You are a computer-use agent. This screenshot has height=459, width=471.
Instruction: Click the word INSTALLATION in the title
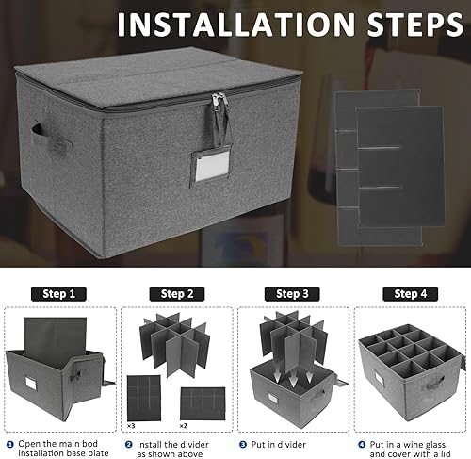pyautogui.click(x=236, y=25)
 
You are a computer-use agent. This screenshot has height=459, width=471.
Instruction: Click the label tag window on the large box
pyautogui.click(x=212, y=166)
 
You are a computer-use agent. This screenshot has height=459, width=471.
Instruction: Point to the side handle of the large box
pyautogui.click(x=52, y=140)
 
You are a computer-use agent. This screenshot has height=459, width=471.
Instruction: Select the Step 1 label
pyautogui.click(x=58, y=294)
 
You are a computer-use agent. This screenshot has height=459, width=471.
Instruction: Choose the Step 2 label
pyautogui.click(x=177, y=294)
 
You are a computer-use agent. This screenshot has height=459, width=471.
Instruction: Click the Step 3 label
pyautogui.click(x=292, y=294)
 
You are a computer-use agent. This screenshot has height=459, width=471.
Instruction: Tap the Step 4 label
pyautogui.click(x=410, y=294)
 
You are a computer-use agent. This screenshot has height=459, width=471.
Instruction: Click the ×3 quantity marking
pyautogui.click(x=131, y=426)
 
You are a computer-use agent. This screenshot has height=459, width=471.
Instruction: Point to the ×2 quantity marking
pyautogui.click(x=184, y=426)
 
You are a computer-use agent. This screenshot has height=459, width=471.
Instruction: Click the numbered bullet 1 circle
pyautogui.click(x=10, y=444)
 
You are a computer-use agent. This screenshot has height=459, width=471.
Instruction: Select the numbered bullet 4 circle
pyautogui.click(x=362, y=444)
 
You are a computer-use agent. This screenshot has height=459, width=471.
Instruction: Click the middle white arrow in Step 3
pyautogui.click(x=293, y=380)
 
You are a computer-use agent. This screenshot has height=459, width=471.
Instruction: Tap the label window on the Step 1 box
pyautogui.click(x=31, y=383)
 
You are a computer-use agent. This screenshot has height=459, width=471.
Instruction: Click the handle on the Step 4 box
pyautogui.click(x=434, y=383)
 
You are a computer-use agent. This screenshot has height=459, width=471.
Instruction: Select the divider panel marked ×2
pyautogui.click(x=203, y=404)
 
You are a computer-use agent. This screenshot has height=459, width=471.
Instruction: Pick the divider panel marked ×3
pyautogui.click(x=144, y=398)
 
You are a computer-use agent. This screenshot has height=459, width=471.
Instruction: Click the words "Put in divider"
pyautogui.click(x=278, y=445)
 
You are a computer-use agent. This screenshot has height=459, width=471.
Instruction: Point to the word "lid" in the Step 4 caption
pyautogui.click(x=445, y=453)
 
